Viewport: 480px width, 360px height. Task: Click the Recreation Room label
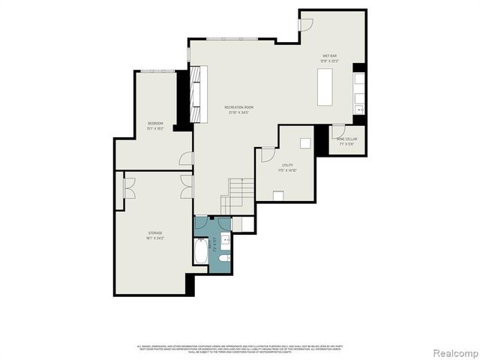(238, 110)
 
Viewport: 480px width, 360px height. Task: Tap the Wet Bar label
(330, 58)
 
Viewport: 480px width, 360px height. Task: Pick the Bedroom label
(155, 125)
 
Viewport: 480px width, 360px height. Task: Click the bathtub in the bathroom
(201, 251)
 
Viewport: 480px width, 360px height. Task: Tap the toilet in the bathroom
(224, 258)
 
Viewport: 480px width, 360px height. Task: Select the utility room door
(265, 154)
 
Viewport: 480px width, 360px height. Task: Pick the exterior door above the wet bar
(306, 24)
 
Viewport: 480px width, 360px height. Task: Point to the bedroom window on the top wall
(157, 71)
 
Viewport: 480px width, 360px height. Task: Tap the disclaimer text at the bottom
(239, 349)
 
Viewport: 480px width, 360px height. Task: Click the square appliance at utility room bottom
(278, 196)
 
